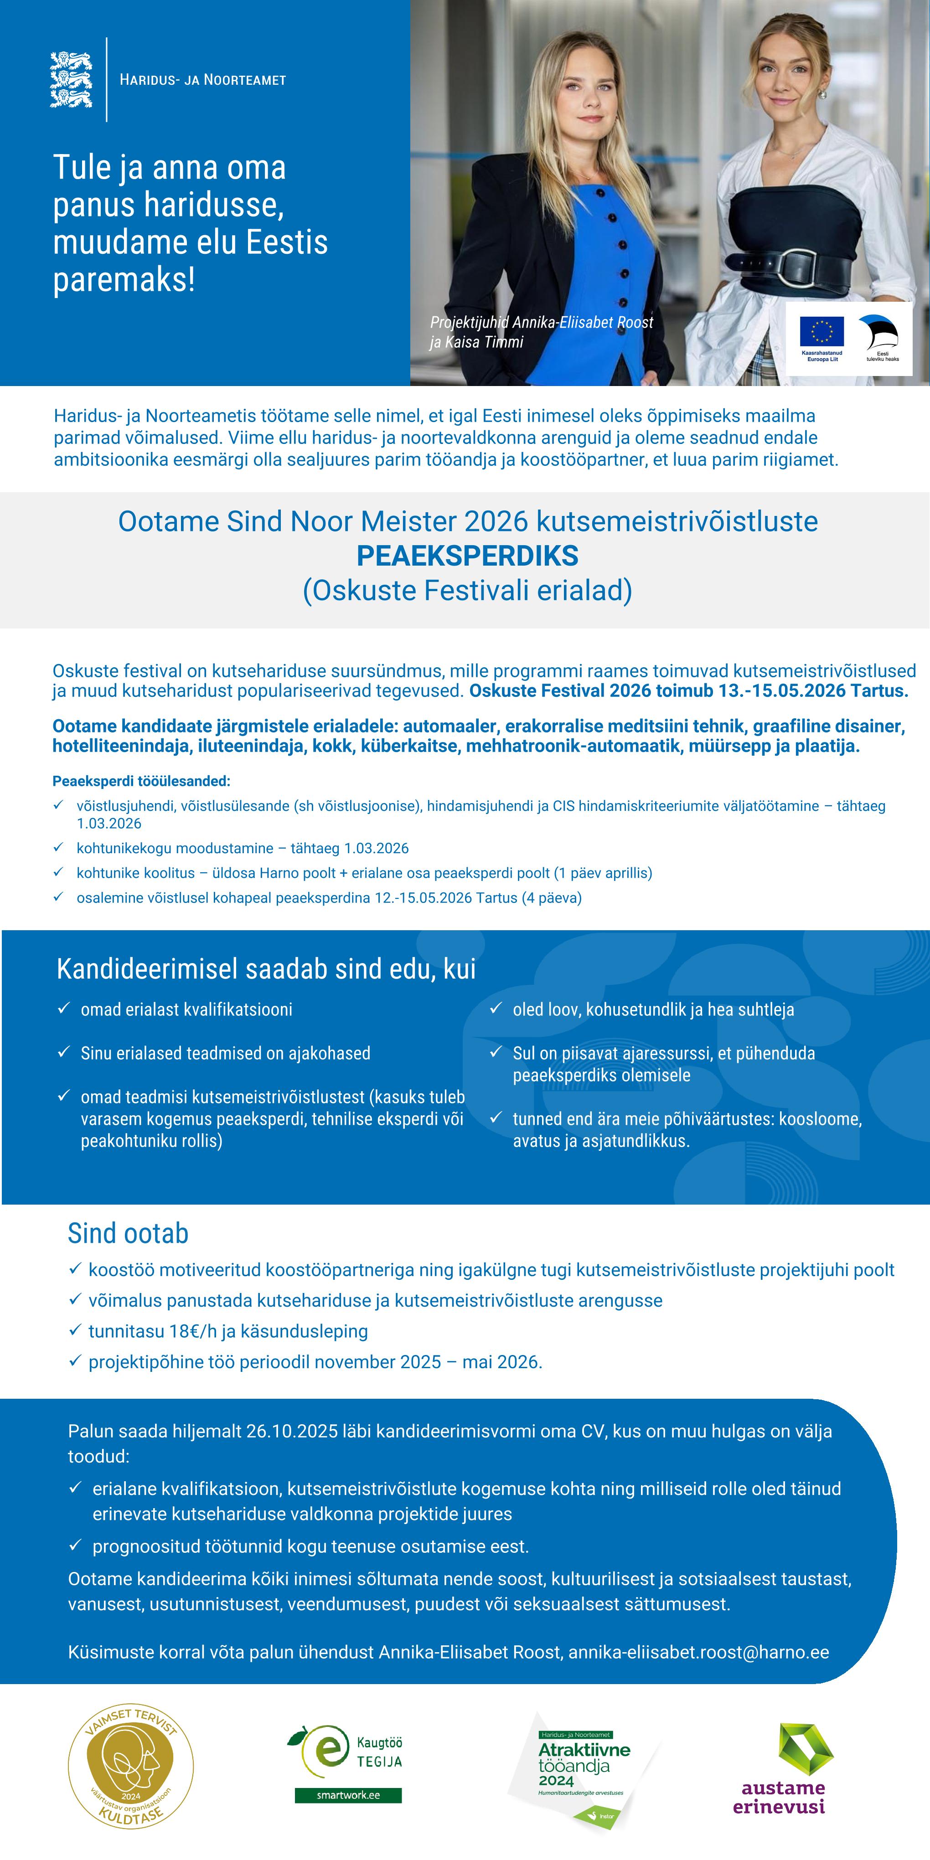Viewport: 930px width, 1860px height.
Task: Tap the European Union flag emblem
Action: tap(821, 332)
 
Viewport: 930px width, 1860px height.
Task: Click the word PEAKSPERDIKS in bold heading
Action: tap(467, 556)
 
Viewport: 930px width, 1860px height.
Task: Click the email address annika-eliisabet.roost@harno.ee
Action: tap(698, 1652)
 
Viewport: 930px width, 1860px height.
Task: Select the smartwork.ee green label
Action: tap(348, 1794)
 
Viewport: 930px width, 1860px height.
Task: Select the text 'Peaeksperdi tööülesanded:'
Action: tap(141, 781)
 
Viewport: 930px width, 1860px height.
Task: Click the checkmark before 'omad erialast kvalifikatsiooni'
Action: tap(63, 1008)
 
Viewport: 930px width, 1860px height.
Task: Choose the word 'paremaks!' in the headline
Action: tap(124, 279)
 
